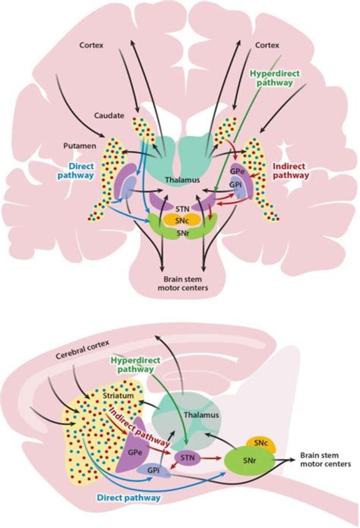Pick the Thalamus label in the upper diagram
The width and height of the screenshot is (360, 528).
[181, 180]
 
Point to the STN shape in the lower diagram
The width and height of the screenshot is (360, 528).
[187, 459]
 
